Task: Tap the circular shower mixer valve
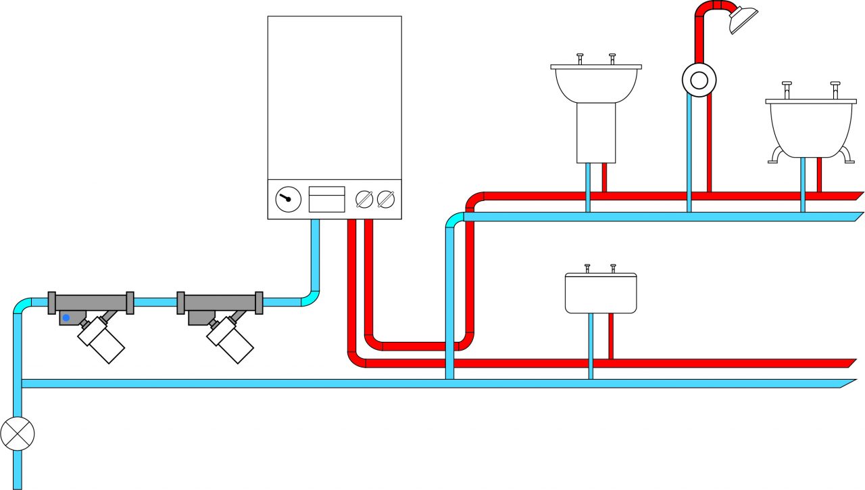tap(699, 81)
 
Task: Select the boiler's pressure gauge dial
tap(288, 199)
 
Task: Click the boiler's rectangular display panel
tap(327, 199)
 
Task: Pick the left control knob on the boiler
tap(364, 199)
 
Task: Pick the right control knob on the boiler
tap(385, 199)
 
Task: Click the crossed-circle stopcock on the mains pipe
tap(17, 433)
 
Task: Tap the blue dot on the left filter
tap(66, 317)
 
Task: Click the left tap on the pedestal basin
tap(580, 58)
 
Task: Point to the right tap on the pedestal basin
tap(612, 58)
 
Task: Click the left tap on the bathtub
tap(787, 89)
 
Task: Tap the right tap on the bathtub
tap(836, 89)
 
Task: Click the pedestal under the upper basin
tap(596, 133)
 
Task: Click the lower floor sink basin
tap(601, 293)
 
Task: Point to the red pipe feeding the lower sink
tap(611, 336)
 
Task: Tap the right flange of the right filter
tap(259, 303)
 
